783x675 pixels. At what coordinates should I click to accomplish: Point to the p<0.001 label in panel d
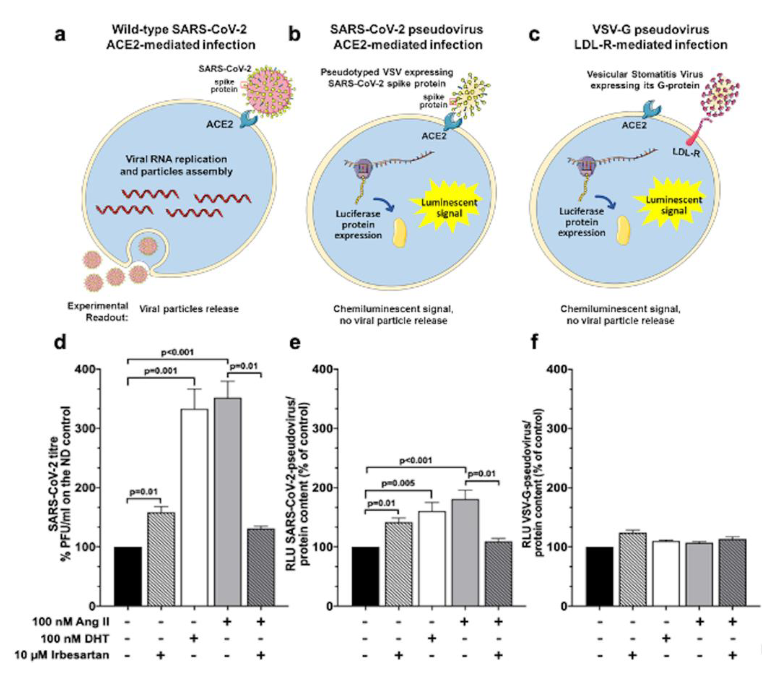pos(178,352)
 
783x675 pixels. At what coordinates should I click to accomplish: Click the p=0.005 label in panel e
pos(398,483)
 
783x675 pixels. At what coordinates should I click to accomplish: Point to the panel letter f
pos(534,343)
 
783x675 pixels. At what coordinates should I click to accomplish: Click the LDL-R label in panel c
pos(686,153)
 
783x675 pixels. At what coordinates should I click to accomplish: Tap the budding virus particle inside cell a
pos(148,246)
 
